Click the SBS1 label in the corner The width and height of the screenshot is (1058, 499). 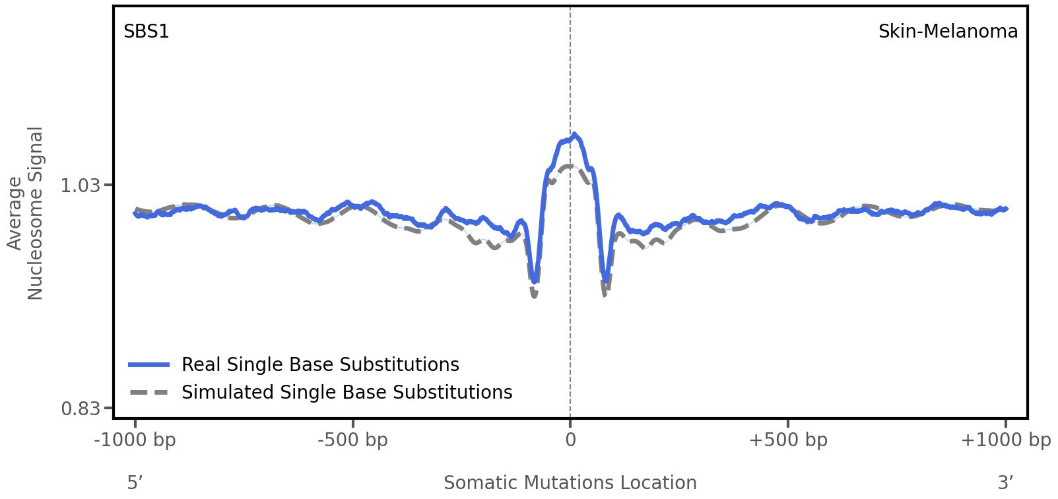point(146,31)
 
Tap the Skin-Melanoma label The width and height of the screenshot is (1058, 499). point(947,31)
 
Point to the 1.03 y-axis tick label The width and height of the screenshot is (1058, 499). point(81,185)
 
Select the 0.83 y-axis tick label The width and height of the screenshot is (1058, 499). point(81,409)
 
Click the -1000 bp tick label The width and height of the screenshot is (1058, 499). point(135,440)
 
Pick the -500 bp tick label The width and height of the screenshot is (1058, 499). point(352,440)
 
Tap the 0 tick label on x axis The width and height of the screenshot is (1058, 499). point(570,440)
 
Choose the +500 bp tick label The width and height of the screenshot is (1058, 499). point(788,440)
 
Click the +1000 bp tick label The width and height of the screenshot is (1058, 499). point(1005,440)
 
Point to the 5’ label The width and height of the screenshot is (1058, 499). point(135,482)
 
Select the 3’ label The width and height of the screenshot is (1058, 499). point(1005,482)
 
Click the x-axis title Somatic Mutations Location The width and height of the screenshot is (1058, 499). point(570,482)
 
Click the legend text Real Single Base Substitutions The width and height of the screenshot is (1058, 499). point(320,364)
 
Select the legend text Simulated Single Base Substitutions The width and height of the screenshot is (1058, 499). point(347,392)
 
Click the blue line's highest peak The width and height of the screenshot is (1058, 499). point(575,135)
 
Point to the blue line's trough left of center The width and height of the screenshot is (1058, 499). point(534,280)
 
